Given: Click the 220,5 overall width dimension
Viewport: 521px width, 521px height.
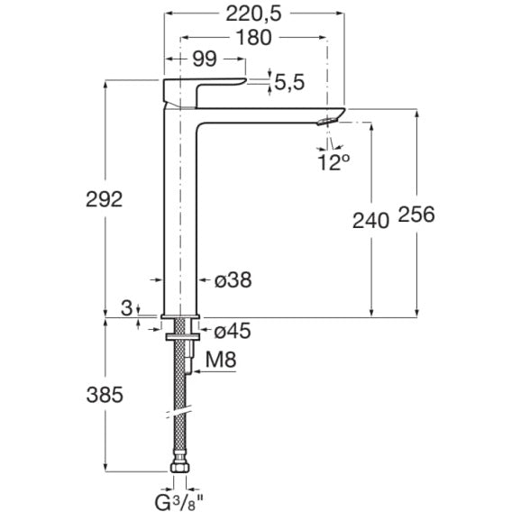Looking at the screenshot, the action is [x=253, y=14].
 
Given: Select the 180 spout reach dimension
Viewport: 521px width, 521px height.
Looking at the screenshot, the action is [x=253, y=38].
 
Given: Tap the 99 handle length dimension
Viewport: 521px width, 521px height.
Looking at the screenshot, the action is [x=205, y=59].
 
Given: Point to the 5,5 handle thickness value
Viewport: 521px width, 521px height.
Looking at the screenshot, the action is [x=289, y=82].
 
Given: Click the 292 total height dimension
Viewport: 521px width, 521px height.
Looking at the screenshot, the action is [x=104, y=199].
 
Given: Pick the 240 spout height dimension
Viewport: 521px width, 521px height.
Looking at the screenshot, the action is [x=370, y=221].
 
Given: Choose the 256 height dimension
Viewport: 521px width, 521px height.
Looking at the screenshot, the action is [x=416, y=214].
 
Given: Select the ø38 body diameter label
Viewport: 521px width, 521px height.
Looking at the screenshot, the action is [x=233, y=280].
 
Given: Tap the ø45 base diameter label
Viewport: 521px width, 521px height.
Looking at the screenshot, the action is [x=233, y=332].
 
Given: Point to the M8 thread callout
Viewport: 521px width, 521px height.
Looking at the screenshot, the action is [x=221, y=360].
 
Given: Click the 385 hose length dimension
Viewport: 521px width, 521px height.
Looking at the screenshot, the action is [x=105, y=395].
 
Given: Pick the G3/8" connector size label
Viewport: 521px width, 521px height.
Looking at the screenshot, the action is [x=178, y=503].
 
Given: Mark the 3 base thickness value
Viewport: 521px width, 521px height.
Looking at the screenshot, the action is [x=126, y=308].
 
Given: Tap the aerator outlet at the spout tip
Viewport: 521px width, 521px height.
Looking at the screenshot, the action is [x=327, y=121].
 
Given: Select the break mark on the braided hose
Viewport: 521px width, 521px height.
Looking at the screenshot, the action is [x=179, y=411].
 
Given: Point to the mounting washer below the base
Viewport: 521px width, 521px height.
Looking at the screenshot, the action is [x=183, y=337].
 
